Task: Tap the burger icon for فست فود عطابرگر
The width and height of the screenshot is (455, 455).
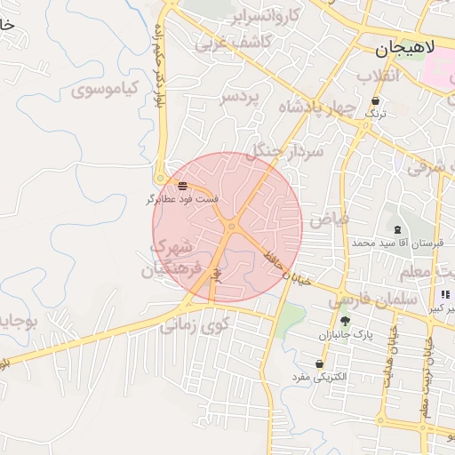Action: pos(182,187)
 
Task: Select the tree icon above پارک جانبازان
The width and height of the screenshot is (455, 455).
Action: pos(345,321)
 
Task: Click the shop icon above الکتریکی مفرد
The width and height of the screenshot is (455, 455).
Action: pos(320,364)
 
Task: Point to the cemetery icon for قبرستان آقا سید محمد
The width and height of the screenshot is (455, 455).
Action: pos(396,229)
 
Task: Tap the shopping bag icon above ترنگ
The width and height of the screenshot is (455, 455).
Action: pos(377,101)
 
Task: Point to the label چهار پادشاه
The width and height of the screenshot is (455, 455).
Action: pos(316,108)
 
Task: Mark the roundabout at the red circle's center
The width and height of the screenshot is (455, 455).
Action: pos(232,227)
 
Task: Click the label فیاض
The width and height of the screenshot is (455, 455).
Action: pos(328,218)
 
